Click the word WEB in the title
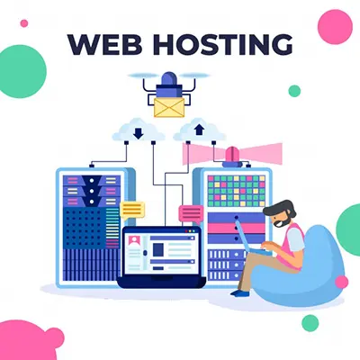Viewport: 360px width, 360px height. (104, 44)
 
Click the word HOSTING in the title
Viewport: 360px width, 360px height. (223, 44)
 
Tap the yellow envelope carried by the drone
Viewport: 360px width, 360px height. (169, 107)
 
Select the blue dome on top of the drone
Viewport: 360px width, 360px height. (169, 78)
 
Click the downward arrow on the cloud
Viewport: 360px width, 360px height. (139, 134)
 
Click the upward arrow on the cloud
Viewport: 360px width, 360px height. (199, 130)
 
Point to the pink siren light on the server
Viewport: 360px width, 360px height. (232, 156)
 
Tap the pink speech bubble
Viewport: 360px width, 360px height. (191, 214)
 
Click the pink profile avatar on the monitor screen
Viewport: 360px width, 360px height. (134, 240)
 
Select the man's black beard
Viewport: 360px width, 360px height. (283, 221)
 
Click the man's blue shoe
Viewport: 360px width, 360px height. (240, 292)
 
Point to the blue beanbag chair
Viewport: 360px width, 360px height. (300, 270)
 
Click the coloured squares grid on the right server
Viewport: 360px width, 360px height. (237, 191)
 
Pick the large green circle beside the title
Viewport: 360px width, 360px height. (22, 71)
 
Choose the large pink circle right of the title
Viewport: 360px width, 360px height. (335, 27)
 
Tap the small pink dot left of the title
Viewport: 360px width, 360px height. (24, 23)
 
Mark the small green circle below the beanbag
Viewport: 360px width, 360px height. (310, 323)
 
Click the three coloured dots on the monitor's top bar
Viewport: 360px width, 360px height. (190, 231)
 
